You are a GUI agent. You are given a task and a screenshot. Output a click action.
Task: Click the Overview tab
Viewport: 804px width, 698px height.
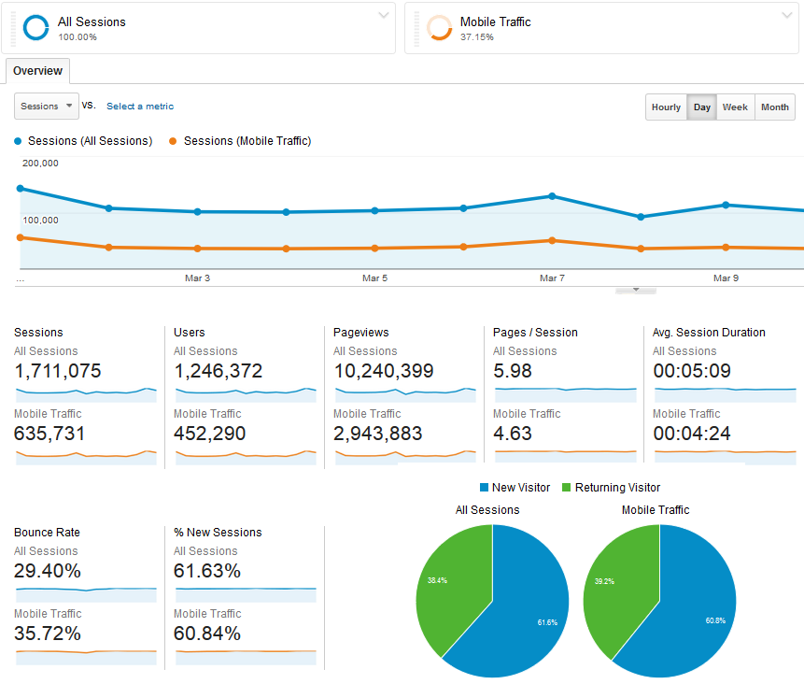[37, 71]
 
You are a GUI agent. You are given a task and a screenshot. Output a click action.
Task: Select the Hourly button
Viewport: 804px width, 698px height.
[666, 107]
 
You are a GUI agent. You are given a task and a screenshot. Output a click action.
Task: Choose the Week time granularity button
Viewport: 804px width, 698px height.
[735, 107]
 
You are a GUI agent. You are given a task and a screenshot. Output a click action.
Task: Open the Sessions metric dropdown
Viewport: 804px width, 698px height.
[47, 107]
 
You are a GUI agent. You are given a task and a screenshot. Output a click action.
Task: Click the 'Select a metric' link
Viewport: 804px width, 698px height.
[140, 107]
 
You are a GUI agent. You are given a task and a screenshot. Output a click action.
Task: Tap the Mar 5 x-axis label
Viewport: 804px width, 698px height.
[374, 278]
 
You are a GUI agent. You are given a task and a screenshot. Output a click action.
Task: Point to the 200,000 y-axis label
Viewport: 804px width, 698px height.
[40, 164]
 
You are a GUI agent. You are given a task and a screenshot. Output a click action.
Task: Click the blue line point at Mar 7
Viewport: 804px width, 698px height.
[552, 196]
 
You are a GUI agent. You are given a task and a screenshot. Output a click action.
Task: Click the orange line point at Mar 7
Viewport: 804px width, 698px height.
[552, 240]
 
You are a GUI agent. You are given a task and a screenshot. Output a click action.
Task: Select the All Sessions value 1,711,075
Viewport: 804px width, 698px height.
[58, 371]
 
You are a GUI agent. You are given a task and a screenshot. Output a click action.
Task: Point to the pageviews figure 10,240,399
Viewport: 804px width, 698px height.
[383, 371]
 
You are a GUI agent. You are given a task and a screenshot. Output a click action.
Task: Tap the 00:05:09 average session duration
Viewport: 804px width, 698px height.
[692, 371]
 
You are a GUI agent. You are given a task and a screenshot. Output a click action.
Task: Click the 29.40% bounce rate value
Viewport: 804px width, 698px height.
[48, 571]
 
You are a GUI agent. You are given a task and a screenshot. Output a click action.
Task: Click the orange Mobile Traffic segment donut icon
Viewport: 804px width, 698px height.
[439, 28]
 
